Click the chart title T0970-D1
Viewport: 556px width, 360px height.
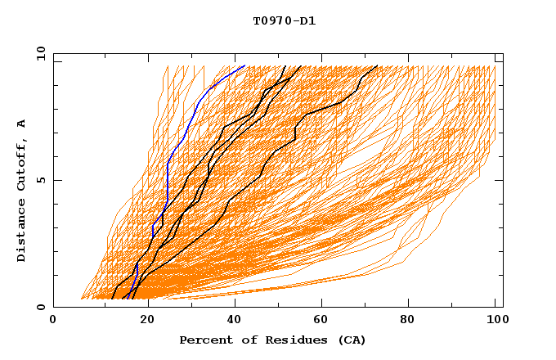284,20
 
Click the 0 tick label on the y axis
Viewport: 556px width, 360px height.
40,307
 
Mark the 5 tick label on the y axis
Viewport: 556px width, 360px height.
40,180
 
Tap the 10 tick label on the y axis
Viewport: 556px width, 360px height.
38,53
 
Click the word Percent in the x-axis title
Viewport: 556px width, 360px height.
203,340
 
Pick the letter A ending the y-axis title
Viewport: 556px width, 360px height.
21,124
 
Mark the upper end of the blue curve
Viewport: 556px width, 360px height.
244,65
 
